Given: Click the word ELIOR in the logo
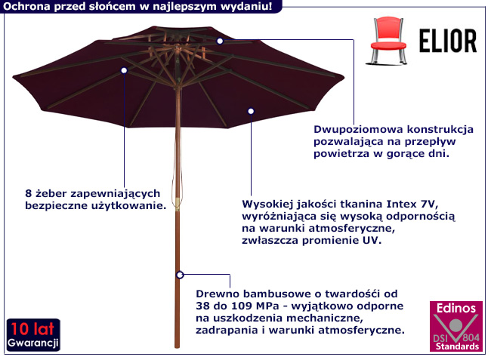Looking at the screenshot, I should pyautogui.click(x=446, y=39).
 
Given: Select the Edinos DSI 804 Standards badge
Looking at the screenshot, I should pyautogui.click(x=455, y=326).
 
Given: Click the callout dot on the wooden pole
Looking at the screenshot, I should pyautogui.click(x=179, y=275).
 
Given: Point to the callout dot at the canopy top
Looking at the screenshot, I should pyautogui.click(x=220, y=41).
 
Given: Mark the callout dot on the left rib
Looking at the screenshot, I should pyautogui.click(x=124, y=69).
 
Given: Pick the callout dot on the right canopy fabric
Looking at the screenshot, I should pyautogui.click(x=251, y=111).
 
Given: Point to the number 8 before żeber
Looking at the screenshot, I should pyautogui.click(x=27, y=193).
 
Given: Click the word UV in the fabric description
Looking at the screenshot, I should pyautogui.click(x=372, y=241).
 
